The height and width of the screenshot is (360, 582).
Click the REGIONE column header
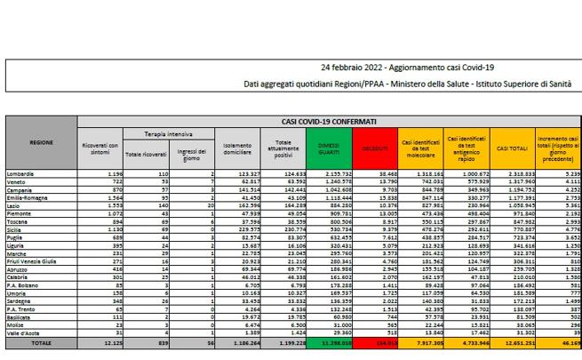39,142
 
